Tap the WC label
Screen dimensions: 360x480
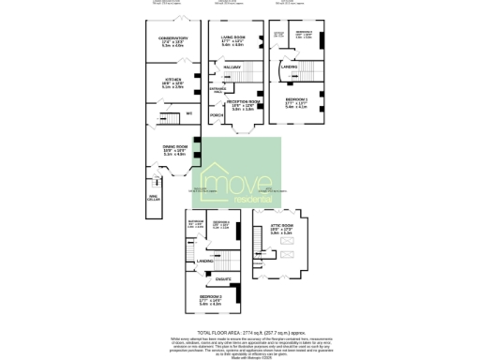pyautogui.click(x=188, y=113)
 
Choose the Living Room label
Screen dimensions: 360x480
pyautogui.click(x=232, y=37)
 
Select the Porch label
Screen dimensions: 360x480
pyautogui.click(x=217, y=116)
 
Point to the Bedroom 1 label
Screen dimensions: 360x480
pyautogui.click(x=296, y=99)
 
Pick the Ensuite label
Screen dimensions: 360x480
pyautogui.click(x=224, y=279)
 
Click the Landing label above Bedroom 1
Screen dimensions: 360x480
pyautogui.click(x=289, y=67)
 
